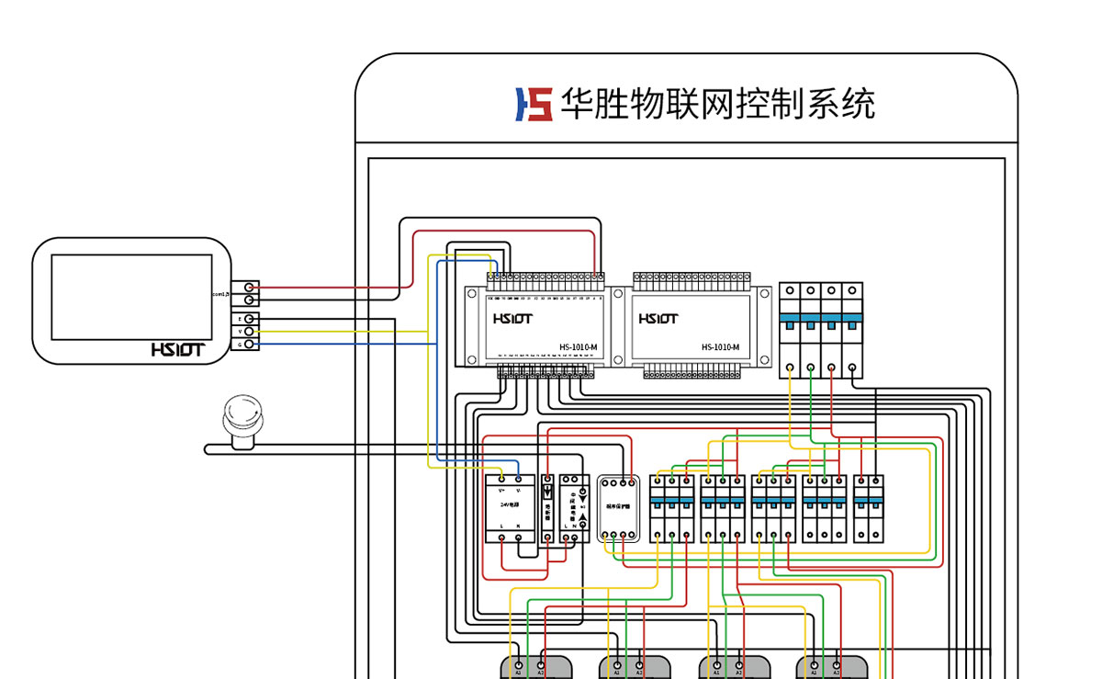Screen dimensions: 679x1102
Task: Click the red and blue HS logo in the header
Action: pyautogui.click(x=534, y=105)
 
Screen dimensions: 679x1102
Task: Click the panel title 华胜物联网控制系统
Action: pyautogui.click(x=717, y=105)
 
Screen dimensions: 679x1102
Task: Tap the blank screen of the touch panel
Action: pyautogui.click(x=131, y=296)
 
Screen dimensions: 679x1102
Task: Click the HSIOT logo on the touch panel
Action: pyautogui.click(x=177, y=350)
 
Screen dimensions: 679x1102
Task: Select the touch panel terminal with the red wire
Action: pyautogui.click(x=249, y=288)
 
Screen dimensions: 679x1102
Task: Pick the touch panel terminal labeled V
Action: pyautogui.click(x=249, y=331)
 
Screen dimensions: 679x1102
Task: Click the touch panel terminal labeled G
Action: pyautogui.click(x=249, y=344)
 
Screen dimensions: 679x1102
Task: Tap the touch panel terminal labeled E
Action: pyautogui.click(x=249, y=319)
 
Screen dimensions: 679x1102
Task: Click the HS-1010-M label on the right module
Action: pyautogui.click(x=720, y=347)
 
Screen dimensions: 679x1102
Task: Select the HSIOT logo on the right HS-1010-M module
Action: pyautogui.click(x=658, y=319)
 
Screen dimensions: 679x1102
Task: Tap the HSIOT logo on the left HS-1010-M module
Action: pyautogui.click(x=512, y=319)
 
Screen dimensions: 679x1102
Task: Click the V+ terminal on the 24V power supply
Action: pyautogui.click(x=502, y=480)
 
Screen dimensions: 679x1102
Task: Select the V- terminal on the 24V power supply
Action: pyautogui.click(x=519, y=480)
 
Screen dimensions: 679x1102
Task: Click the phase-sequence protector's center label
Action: pyautogui.click(x=617, y=507)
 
